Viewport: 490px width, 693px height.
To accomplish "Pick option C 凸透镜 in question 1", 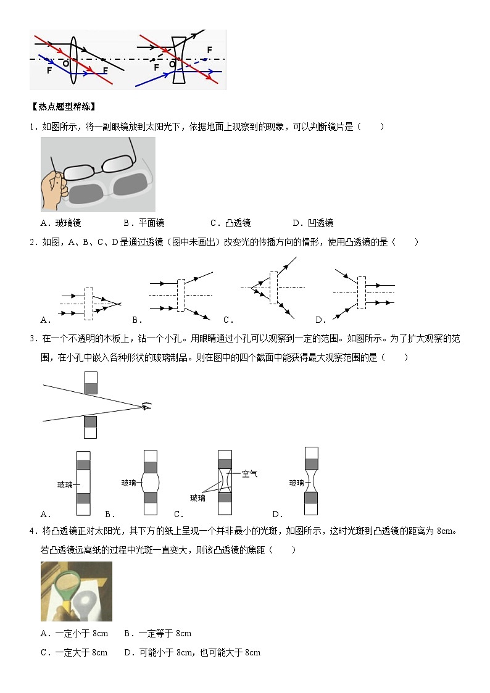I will click(x=231, y=223).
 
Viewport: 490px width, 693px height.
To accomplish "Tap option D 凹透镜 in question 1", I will click(x=314, y=223).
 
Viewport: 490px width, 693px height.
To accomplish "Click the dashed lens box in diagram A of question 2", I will click(x=88, y=304).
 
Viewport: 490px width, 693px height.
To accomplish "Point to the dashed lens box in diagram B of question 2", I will click(x=181, y=299).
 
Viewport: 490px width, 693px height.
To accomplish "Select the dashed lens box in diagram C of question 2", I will click(x=273, y=288).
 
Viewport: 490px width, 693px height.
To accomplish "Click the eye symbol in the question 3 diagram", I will click(x=146, y=406).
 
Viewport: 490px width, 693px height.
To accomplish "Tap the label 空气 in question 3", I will click(x=249, y=474).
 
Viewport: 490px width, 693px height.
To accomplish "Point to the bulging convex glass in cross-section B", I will click(x=150, y=483).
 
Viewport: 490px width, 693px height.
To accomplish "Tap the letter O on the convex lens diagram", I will click(x=65, y=63).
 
